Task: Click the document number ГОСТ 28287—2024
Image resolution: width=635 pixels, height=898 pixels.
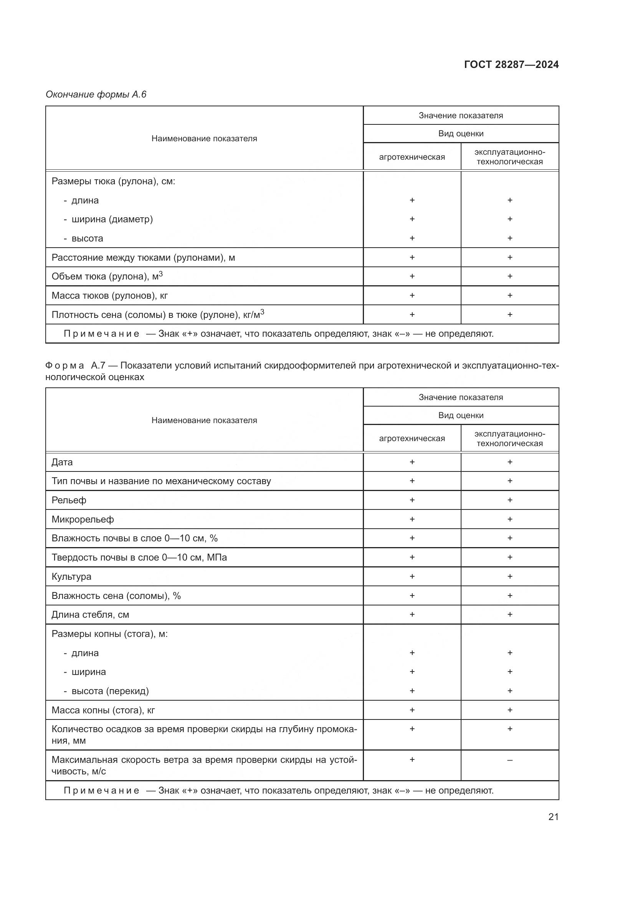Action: point(511,64)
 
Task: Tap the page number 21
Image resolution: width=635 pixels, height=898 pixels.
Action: point(553,817)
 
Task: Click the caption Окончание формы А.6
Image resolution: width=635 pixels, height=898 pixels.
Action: point(96,94)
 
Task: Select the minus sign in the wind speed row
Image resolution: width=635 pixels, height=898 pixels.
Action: point(509,760)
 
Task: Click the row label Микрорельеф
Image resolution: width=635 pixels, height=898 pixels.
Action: point(83,519)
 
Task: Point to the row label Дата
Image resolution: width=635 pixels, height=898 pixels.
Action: point(62,462)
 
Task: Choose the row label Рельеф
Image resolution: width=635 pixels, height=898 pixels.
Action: point(69,500)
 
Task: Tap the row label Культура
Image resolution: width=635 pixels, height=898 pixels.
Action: point(71,577)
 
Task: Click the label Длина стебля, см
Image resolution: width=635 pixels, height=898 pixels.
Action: point(90,614)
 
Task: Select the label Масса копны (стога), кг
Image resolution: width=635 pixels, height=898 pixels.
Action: point(103,710)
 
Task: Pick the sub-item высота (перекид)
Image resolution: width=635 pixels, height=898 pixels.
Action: point(110,691)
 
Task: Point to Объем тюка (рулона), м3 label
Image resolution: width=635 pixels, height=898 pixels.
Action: point(107,276)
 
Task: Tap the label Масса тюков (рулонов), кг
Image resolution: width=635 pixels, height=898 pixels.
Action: point(109,295)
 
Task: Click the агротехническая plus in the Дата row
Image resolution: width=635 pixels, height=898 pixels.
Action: point(412,462)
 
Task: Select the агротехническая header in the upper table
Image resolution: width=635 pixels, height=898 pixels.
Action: point(412,157)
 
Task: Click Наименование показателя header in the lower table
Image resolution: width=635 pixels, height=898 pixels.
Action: point(204,420)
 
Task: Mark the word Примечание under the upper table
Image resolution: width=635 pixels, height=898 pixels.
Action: point(101,334)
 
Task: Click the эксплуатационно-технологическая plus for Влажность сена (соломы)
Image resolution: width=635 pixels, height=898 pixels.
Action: point(509,596)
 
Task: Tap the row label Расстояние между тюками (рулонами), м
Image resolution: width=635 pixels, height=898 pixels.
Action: point(143,257)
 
